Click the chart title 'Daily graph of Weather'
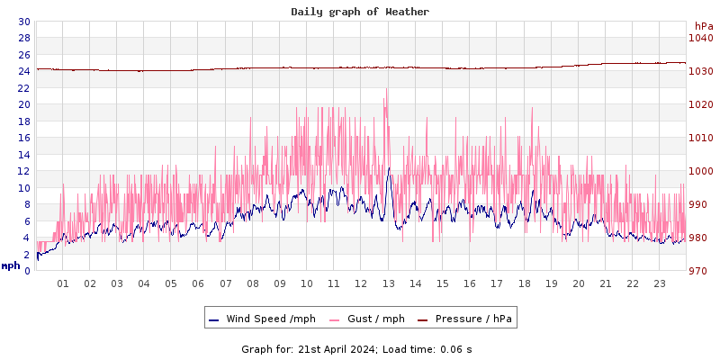coord(360,12)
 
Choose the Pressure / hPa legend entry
coord(473,319)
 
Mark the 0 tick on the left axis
coord(27,271)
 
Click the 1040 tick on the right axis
coord(700,38)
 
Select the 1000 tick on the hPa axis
coord(700,171)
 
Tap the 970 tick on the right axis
coord(700,271)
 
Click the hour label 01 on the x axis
coord(63,283)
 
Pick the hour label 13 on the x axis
coord(389,283)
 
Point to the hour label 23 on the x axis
coord(660,283)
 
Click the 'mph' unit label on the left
coord(11,265)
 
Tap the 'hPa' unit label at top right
coord(703,26)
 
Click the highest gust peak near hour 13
coord(387,89)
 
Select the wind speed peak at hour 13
coord(389,168)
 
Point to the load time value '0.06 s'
coord(455,348)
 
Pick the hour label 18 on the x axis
coord(524,283)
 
